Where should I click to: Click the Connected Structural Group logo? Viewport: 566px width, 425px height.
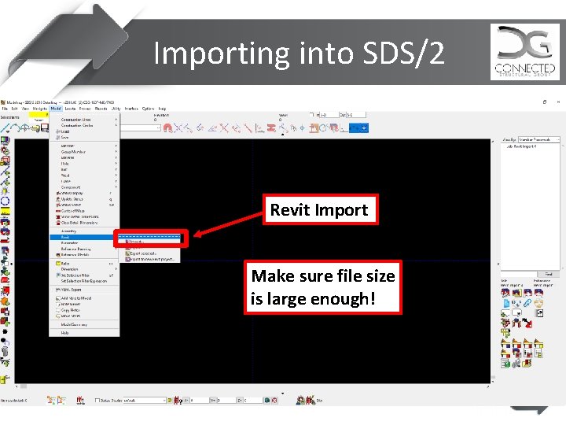tap(525, 52)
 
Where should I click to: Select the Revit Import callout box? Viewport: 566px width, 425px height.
tap(318, 210)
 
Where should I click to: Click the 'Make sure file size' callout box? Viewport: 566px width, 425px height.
tap(322, 287)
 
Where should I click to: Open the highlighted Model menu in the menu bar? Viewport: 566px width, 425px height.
tap(56, 109)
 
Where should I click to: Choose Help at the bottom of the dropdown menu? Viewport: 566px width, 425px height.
tap(65, 333)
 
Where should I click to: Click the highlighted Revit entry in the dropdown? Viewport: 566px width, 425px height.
tap(66, 237)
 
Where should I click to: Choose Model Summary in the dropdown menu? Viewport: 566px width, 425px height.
tap(74, 324)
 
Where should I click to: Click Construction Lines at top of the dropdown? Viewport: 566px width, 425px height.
tap(77, 120)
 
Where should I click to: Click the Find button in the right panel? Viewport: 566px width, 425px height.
tap(549, 274)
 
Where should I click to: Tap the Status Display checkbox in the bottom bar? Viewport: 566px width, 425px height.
tap(94, 401)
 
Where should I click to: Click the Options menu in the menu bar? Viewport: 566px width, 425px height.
tap(147, 109)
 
